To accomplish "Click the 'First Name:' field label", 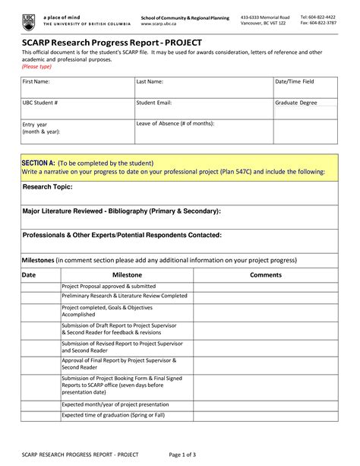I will (x=37, y=81).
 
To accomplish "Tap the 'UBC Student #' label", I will (x=41, y=102).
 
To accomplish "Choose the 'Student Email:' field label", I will (x=154, y=102).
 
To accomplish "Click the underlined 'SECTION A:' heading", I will (x=38, y=163).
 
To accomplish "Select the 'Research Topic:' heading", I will (x=48, y=186).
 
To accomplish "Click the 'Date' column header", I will (x=29, y=274).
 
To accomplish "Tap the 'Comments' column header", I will (x=266, y=274).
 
